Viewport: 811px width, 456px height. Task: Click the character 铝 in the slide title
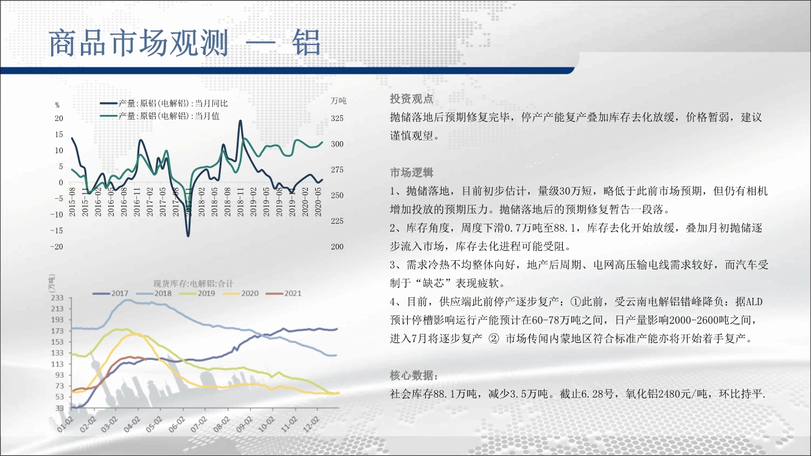[x=307, y=43]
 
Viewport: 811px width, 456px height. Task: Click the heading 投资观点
[x=411, y=98]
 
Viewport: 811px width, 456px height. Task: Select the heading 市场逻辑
[x=411, y=173]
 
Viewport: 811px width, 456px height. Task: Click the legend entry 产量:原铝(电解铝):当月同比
[x=164, y=103]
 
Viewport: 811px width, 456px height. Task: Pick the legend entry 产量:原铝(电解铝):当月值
[x=159, y=116]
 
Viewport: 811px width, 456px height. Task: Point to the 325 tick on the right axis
[x=337, y=119]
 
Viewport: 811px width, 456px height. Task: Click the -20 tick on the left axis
[x=57, y=247]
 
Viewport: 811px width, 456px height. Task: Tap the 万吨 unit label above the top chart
[x=338, y=100]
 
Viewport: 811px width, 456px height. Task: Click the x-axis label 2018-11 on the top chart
[x=240, y=202]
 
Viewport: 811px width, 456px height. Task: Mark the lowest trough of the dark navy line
[x=188, y=236]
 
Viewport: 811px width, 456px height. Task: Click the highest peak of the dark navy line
[x=240, y=121]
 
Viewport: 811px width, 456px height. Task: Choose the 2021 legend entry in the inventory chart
[x=284, y=294]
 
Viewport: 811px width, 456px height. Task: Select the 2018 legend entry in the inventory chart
[x=154, y=294]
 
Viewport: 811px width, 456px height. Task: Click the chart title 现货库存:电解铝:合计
[x=193, y=284]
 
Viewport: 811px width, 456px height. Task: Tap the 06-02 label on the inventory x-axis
[x=177, y=424]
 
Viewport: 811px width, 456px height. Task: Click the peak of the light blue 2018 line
[x=125, y=300]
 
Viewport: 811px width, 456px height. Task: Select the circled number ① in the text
[x=576, y=302]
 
